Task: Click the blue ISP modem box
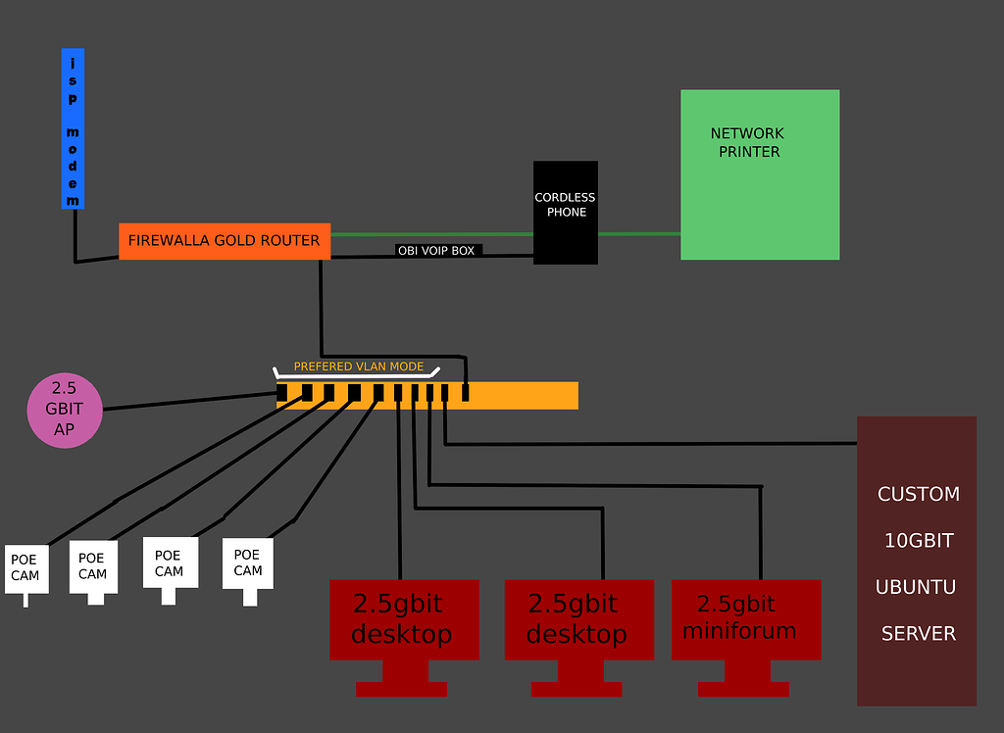pos(73,128)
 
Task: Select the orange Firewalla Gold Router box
pos(225,241)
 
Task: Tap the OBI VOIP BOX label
pos(435,251)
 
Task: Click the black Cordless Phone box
pos(566,212)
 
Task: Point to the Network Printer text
pos(748,142)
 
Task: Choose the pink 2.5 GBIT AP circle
pos(65,412)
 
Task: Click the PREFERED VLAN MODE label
pos(359,366)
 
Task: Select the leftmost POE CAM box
pos(25,568)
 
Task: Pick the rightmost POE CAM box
pos(247,563)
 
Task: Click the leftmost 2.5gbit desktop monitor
pos(404,619)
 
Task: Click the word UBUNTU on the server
pos(916,587)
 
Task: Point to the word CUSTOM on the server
pos(918,494)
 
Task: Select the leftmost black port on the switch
pos(282,393)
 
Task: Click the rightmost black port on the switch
pos(465,393)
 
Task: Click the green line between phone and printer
pos(639,234)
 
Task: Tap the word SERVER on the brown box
pos(918,634)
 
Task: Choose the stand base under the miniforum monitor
pos(743,689)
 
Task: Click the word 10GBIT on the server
pos(917,541)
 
